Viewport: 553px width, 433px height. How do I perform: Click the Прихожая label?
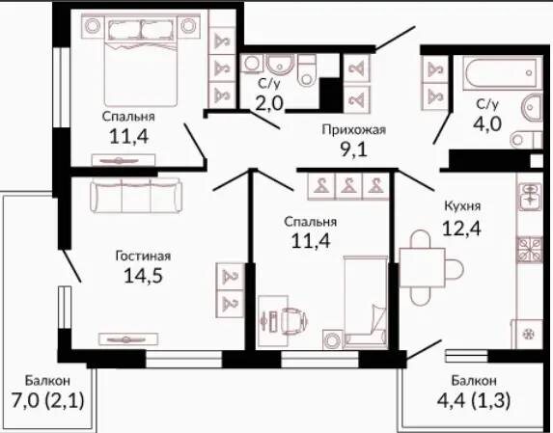[x=354, y=130]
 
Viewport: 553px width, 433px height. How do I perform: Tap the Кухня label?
[x=462, y=206]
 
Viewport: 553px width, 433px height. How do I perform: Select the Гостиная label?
[x=143, y=257]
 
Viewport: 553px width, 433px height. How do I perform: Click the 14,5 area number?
[x=143, y=276]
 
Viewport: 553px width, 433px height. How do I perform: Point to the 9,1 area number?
[x=354, y=149]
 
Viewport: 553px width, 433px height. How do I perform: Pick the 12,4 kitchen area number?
[x=461, y=229]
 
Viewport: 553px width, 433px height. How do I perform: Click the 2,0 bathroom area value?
[x=269, y=104]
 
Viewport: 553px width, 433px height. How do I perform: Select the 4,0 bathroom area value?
[x=487, y=123]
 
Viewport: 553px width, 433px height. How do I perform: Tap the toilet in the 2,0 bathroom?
[x=307, y=70]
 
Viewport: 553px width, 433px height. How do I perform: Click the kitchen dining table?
[x=423, y=268]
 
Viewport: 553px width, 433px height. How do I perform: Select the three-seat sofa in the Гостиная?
[x=136, y=195]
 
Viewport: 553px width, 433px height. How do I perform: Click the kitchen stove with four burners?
[x=530, y=250]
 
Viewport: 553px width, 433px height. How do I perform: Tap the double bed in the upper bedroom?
[x=141, y=60]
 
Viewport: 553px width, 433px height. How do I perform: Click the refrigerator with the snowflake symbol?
[x=527, y=334]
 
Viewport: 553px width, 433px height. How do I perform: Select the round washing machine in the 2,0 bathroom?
[x=252, y=64]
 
